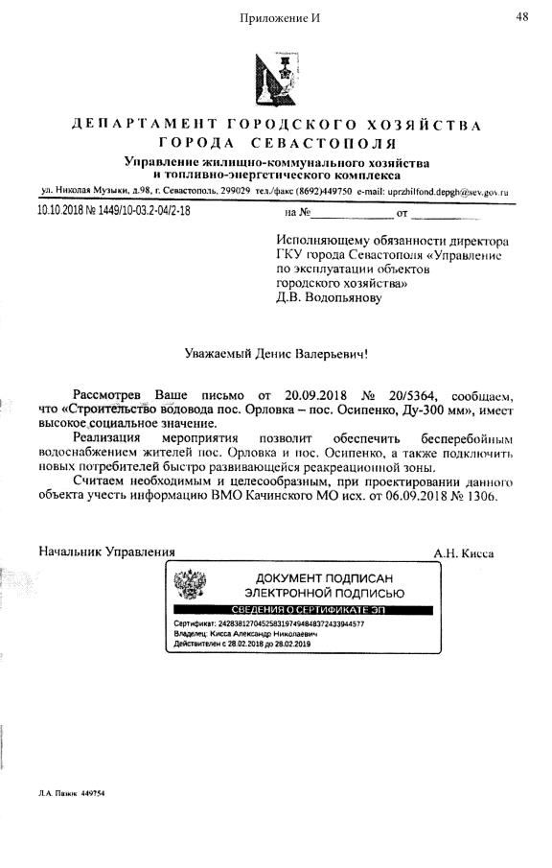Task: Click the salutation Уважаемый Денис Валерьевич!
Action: [276, 353]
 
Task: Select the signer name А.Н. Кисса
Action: [464, 552]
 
